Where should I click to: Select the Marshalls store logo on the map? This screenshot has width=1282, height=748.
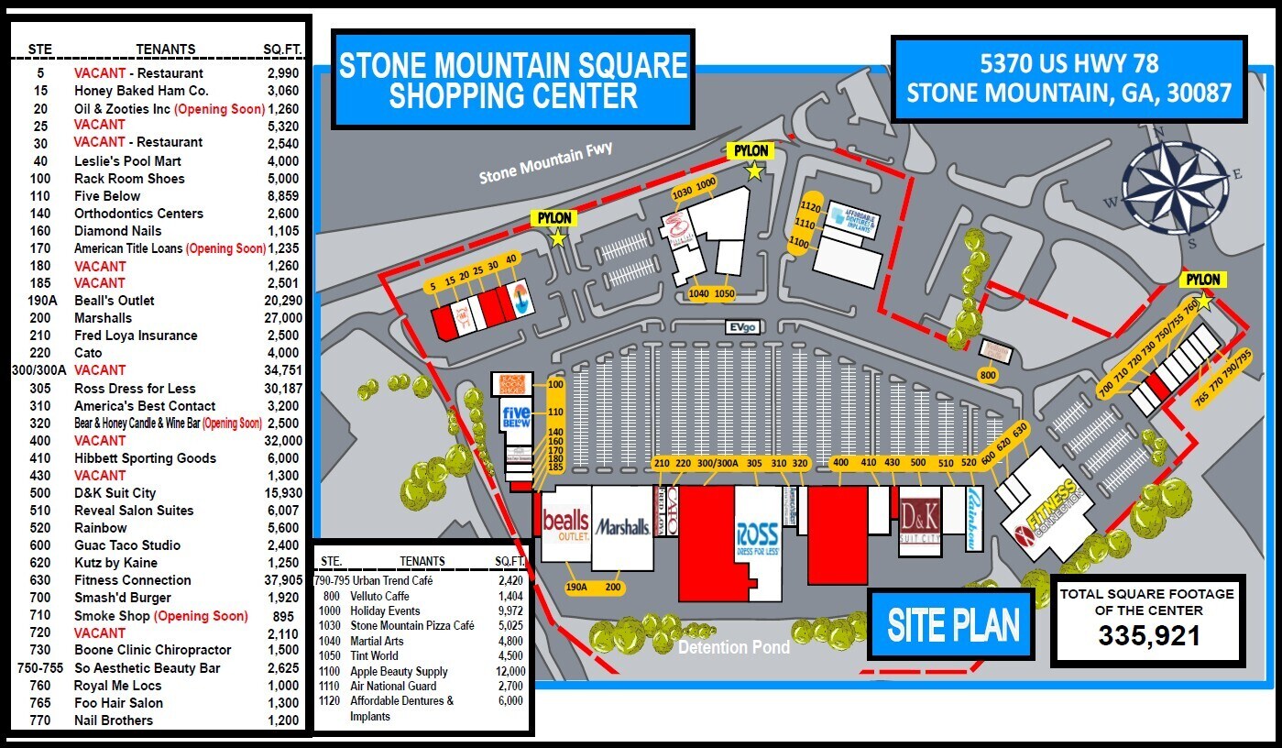click(x=622, y=527)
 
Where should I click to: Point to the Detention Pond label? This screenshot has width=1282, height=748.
click(x=733, y=647)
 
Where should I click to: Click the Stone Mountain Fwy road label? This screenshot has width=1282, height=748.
click(x=546, y=162)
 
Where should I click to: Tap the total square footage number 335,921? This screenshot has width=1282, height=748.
click(x=1149, y=635)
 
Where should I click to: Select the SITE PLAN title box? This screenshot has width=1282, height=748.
click(x=953, y=625)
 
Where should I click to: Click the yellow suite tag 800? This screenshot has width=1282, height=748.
click(x=987, y=375)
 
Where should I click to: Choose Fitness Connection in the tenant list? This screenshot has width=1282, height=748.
click(x=133, y=580)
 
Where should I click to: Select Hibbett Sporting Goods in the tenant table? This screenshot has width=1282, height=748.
click(x=146, y=458)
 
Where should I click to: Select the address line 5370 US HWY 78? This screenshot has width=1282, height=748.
click(x=1069, y=63)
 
